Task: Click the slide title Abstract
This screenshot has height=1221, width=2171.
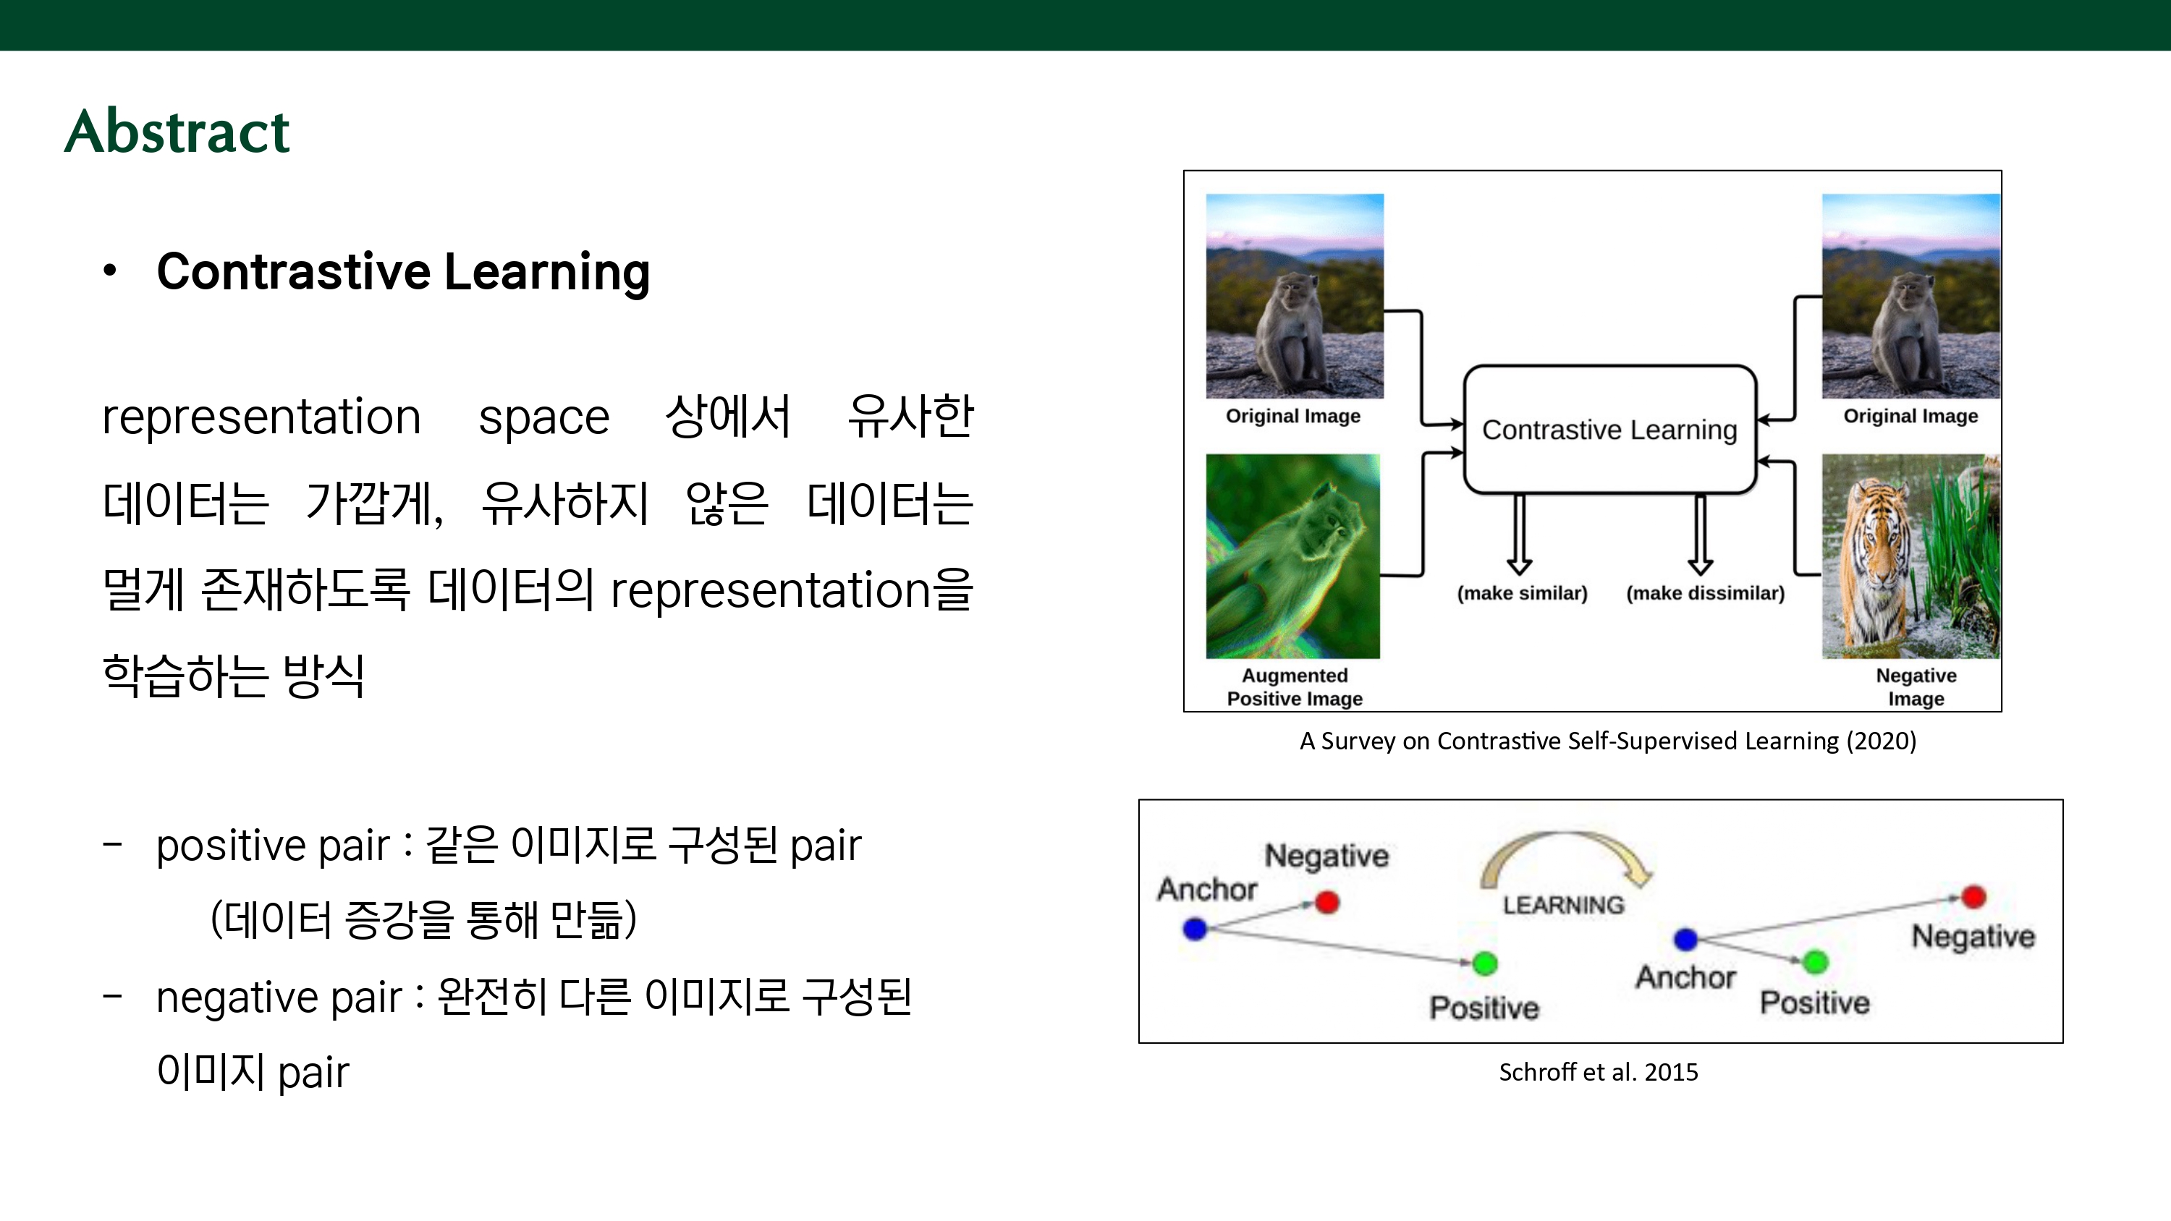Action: [x=177, y=132]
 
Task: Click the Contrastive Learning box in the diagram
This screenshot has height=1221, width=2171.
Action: [x=1609, y=430]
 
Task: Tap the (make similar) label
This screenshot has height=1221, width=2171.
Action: [x=1522, y=593]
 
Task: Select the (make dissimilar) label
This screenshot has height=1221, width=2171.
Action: [x=1705, y=593]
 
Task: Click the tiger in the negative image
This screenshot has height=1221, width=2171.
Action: [x=1875, y=561]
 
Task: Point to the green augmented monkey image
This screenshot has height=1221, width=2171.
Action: [x=1292, y=556]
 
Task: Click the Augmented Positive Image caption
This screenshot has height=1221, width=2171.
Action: [x=1295, y=686]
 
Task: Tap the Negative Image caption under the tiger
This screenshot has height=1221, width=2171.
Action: [x=1916, y=686]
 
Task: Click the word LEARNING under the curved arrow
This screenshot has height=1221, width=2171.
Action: [x=1563, y=905]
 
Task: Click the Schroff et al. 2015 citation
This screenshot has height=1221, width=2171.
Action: [x=1598, y=1072]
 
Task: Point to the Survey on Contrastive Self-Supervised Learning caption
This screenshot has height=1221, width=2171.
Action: [x=1608, y=741]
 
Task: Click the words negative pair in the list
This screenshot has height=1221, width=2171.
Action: [x=279, y=997]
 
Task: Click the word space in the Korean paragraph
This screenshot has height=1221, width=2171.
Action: [x=543, y=419]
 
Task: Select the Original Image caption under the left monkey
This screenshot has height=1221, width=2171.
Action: [x=1292, y=415]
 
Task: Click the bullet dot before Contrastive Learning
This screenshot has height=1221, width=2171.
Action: [x=109, y=271]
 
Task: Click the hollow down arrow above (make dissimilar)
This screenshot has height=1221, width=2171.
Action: [x=1701, y=535]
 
